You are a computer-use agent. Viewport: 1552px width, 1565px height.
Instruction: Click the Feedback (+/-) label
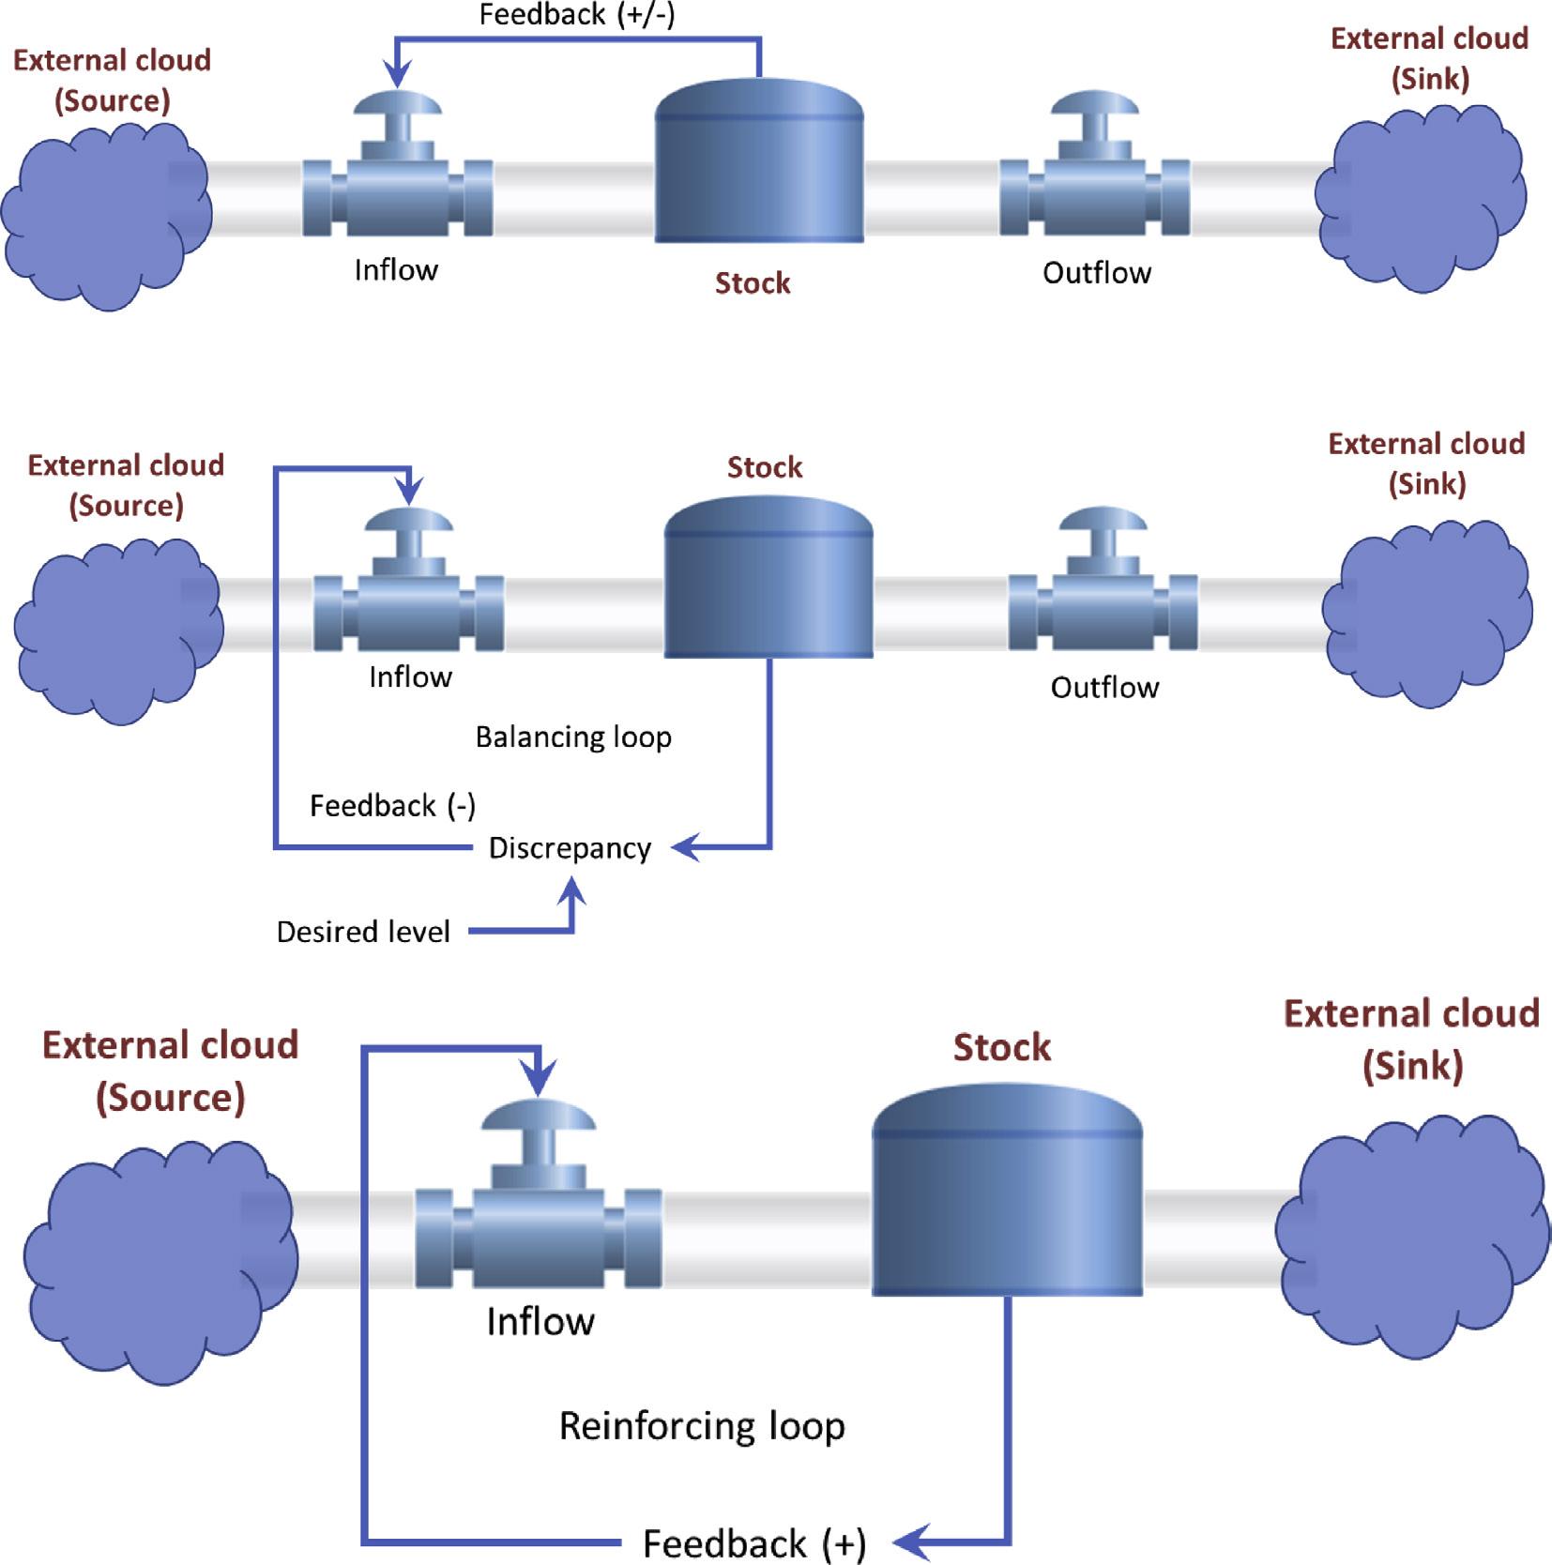tap(576, 16)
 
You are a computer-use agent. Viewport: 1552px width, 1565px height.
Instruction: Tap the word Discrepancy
tap(570, 848)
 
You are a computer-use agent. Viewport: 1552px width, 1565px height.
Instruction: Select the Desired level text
tap(363, 932)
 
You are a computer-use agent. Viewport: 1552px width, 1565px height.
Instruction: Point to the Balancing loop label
tap(573, 737)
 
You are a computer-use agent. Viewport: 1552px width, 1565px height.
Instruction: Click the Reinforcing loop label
tap(702, 1426)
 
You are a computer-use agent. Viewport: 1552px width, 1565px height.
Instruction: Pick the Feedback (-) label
tap(392, 806)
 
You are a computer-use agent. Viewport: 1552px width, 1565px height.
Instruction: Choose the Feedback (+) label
tap(753, 1543)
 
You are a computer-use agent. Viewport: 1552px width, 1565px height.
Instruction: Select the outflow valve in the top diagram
tap(1095, 178)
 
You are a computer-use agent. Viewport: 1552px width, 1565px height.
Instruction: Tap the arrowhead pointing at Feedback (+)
tap(908, 1541)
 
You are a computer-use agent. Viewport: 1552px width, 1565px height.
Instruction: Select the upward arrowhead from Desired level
tap(571, 889)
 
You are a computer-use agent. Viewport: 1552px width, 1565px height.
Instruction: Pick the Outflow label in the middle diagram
tap(1104, 688)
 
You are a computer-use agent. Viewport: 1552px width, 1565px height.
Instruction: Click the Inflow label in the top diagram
tap(396, 270)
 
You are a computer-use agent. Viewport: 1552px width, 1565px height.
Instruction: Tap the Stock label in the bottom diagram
tap(1002, 1047)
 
